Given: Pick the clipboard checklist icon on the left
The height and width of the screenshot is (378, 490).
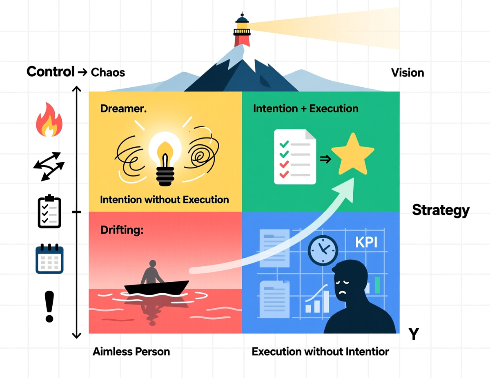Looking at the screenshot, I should pyautogui.click(x=49, y=212).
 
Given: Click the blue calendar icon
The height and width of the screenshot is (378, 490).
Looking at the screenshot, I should pyautogui.click(x=49, y=259).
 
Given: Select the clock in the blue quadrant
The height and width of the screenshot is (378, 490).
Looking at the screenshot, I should pyautogui.click(x=323, y=250).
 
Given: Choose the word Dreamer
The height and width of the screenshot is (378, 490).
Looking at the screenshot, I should pyautogui.click(x=123, y=109).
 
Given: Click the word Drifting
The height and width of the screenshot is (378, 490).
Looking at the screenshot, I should pyautogui.click(x=122, y=230).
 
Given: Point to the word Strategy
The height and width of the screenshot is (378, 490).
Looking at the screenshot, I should pyautogui.click(x=441, y=210).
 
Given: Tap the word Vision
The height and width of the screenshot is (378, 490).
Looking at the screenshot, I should pyautogui.click(x=408, y=73).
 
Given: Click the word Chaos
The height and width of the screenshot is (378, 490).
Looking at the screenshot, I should pyautogui.click(x=108, y=73).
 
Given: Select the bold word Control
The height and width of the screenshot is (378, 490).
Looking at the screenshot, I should pyautogui.click(x=51, y=72).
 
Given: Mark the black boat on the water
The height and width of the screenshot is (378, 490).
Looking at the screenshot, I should pyautogui.click(x=156, y=287).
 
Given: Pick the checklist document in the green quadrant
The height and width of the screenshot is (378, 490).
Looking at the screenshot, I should pyautogui.click(x=294, y=157).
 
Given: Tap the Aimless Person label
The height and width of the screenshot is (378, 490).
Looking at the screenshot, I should pyautogui.click(x=131, y=351).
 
